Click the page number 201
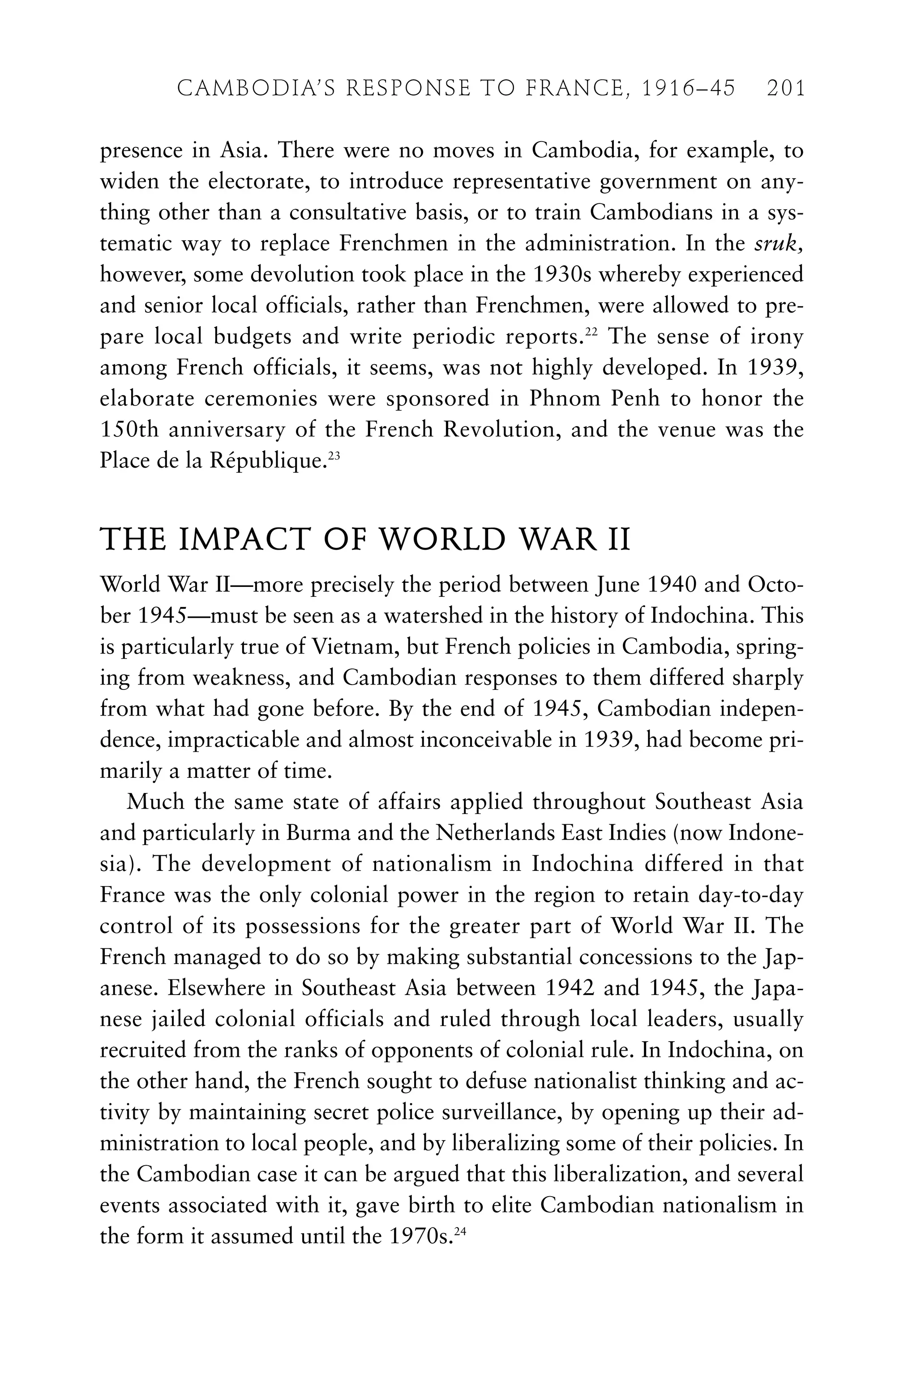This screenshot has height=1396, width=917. (786, 89)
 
